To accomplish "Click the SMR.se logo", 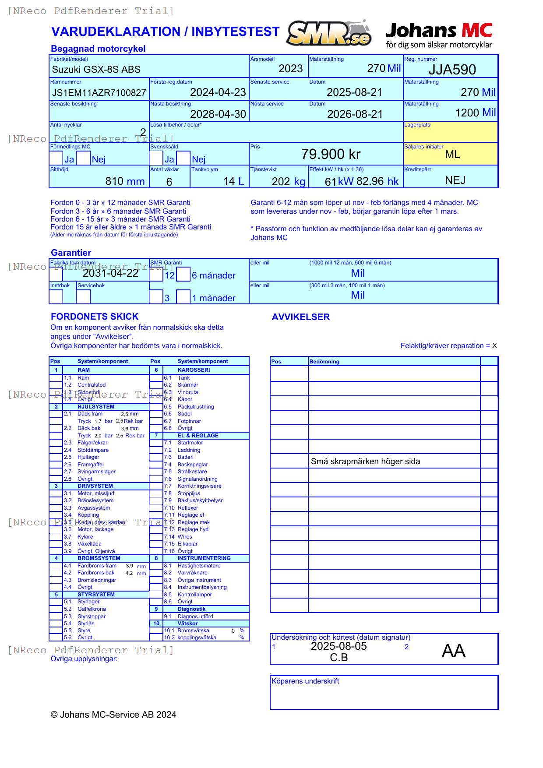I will (328, 33).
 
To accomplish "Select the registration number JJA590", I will (452, 70).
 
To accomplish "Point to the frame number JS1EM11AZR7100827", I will (99, 93).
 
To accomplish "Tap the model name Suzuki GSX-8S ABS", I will (96, 70).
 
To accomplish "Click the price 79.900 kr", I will (331, 154).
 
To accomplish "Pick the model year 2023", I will (290, 69).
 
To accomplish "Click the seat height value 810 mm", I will (125, 181).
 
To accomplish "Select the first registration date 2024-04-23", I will (218, 92).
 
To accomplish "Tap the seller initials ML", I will (452, 155).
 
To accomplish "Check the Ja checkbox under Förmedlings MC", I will (56, 158).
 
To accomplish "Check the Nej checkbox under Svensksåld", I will (183, 158).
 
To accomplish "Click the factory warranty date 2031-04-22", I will (111, 273).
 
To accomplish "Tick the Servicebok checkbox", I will (83, 296).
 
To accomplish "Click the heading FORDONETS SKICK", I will (95, 317).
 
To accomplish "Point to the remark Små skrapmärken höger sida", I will (365, 462).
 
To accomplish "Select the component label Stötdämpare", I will (93, 450).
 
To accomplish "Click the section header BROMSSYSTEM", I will (99, 558).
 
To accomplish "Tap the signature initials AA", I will (453, 651).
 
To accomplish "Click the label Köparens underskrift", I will (305, 681).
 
